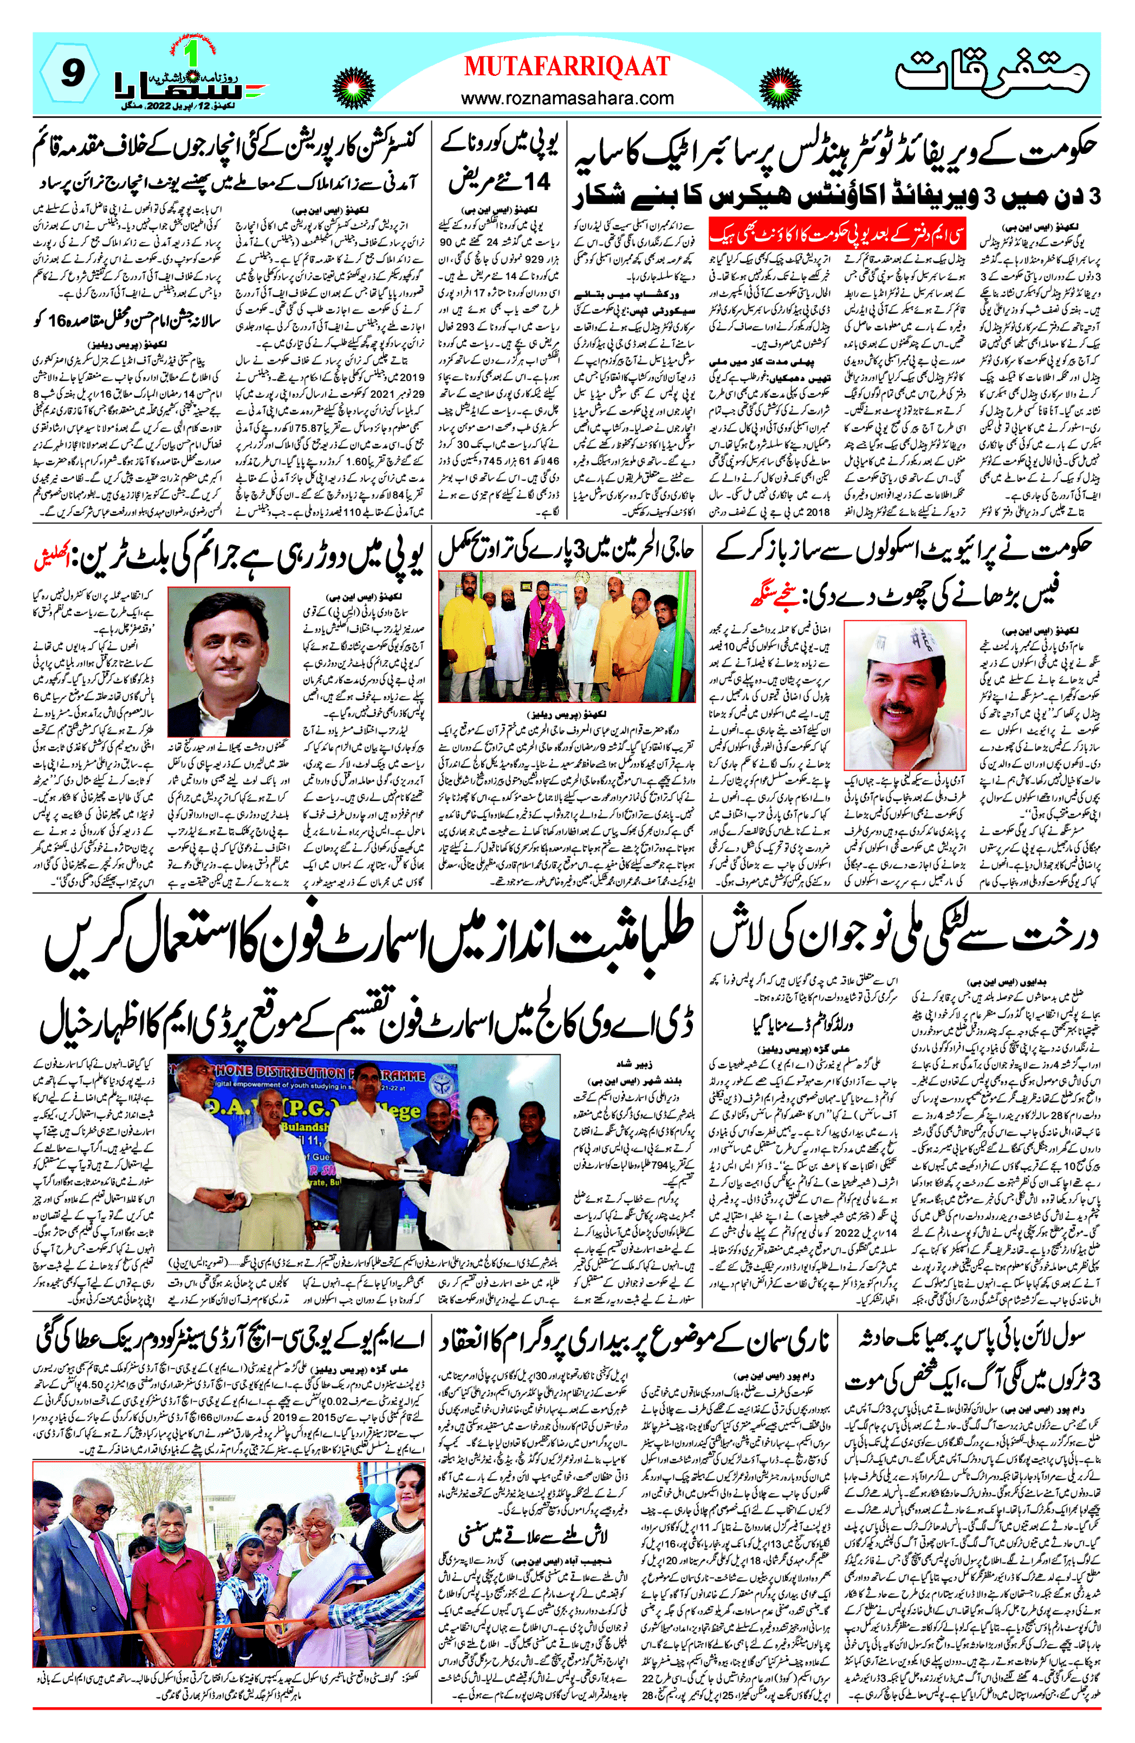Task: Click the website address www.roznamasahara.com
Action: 567,98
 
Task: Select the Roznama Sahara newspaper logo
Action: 189,79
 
